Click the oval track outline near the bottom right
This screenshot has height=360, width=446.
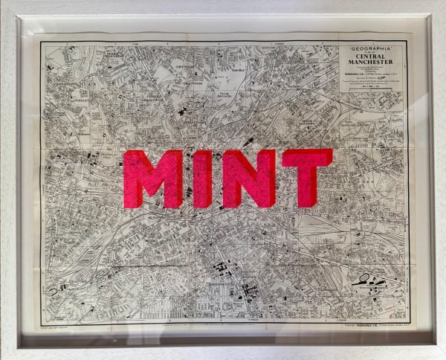pos(365,280)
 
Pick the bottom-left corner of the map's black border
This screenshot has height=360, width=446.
pos(41,321)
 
